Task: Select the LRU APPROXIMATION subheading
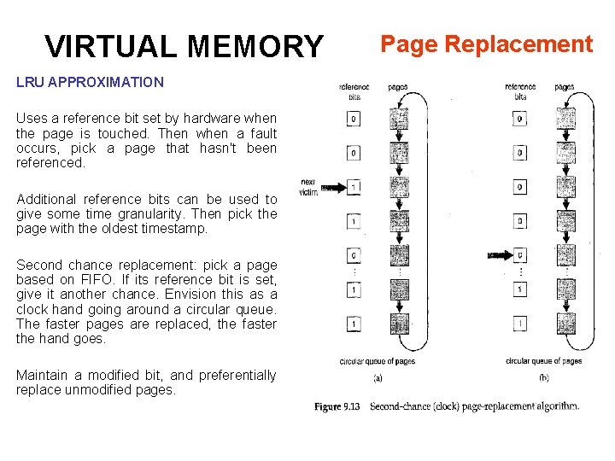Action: pyautogui.click(x=90, y=83)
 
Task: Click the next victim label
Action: pyautogui.click(x=308, y=187)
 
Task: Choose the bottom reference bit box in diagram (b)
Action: pyautogui.click(x=520, y=324)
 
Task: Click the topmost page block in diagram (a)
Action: pyautogui.click(x=399, y=119)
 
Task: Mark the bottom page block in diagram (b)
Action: pyautogui.click(x=565, y=324)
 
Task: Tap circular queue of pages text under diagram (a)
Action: pyautogui.click(x=377, y=361)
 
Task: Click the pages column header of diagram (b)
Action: pyautogui.click(x=565, y=86)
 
